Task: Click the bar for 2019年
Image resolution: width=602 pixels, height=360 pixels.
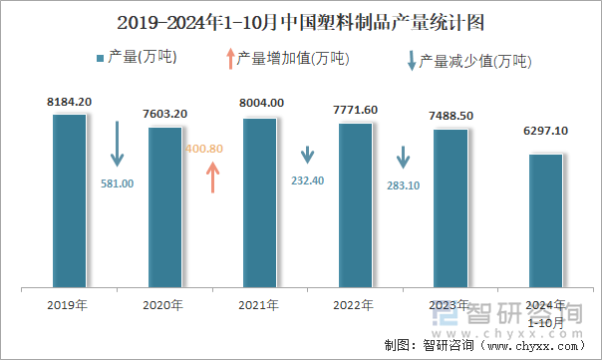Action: [x=70, y=200]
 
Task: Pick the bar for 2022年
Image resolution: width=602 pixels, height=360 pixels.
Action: [x=355, y=205]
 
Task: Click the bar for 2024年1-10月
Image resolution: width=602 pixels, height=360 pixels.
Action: [x=545, y=220]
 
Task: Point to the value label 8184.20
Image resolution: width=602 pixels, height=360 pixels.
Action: [x=70, y=102]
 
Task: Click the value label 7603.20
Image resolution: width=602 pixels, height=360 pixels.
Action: [x=164, y=114]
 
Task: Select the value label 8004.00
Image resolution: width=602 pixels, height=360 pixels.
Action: [x=262, y=103]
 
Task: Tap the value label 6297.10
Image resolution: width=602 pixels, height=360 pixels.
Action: [x=545, y=131]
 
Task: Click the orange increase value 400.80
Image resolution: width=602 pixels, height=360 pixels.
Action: [x=203, y=149]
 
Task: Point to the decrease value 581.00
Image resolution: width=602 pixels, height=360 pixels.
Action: [x=118, y=183]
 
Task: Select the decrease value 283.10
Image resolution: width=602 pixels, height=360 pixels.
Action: [x=404, y=184]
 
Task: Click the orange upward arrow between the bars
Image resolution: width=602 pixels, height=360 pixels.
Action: [x=212, y=177]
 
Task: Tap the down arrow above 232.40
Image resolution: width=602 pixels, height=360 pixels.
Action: [x=308, y=155]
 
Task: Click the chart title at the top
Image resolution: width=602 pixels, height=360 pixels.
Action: [x=301, y=21]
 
